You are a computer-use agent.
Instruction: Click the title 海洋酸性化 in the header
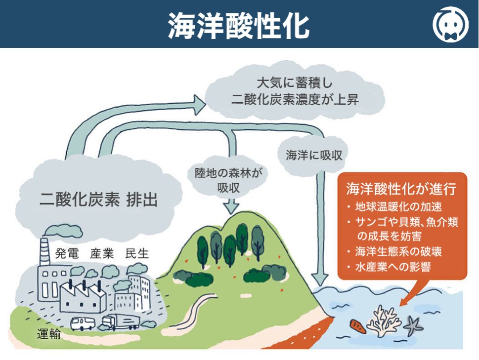pos(239,24)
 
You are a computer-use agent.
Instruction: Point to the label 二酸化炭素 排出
pos(98,200)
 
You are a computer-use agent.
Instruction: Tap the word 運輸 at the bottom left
pos(49,334)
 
